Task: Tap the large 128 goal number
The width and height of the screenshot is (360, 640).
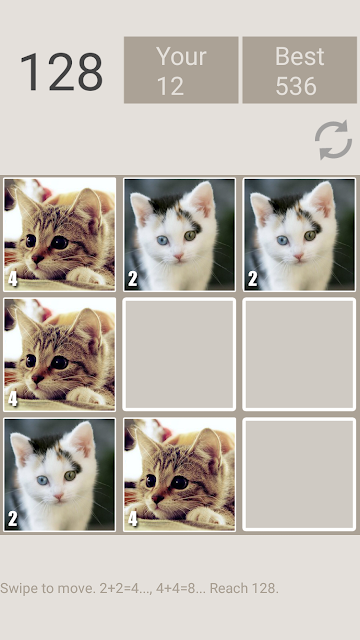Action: tap(61, 72)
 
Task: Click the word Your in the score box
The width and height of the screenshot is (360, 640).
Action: tap(181, 56)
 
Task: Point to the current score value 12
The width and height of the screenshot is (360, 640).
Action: tap(170, 86)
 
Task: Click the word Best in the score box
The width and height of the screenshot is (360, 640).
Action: tap(300, 56)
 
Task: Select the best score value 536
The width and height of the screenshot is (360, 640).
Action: tap(296, 86)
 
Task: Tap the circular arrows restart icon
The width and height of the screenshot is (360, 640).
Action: tap(333, 140)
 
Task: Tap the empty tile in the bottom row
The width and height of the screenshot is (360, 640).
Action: tap(299, 474)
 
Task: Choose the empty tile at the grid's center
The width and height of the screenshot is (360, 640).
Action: tap(179, 354)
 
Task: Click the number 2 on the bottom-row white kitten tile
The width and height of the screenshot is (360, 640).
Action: tap(13, 519)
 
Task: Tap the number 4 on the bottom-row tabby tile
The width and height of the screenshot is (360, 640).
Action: tap(133, 519)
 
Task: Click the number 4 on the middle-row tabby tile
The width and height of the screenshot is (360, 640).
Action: tap(13, 399)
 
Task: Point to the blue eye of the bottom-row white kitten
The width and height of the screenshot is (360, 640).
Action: tap(42, 480)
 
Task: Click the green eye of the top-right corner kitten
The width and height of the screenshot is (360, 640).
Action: tap(310, 236)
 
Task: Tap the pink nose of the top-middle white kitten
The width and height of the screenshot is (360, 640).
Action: tap(178, 257)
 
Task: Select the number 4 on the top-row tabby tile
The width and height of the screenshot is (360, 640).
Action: tap(13, 279)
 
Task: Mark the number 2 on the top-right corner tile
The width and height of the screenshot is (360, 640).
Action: tap(253, 279)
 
